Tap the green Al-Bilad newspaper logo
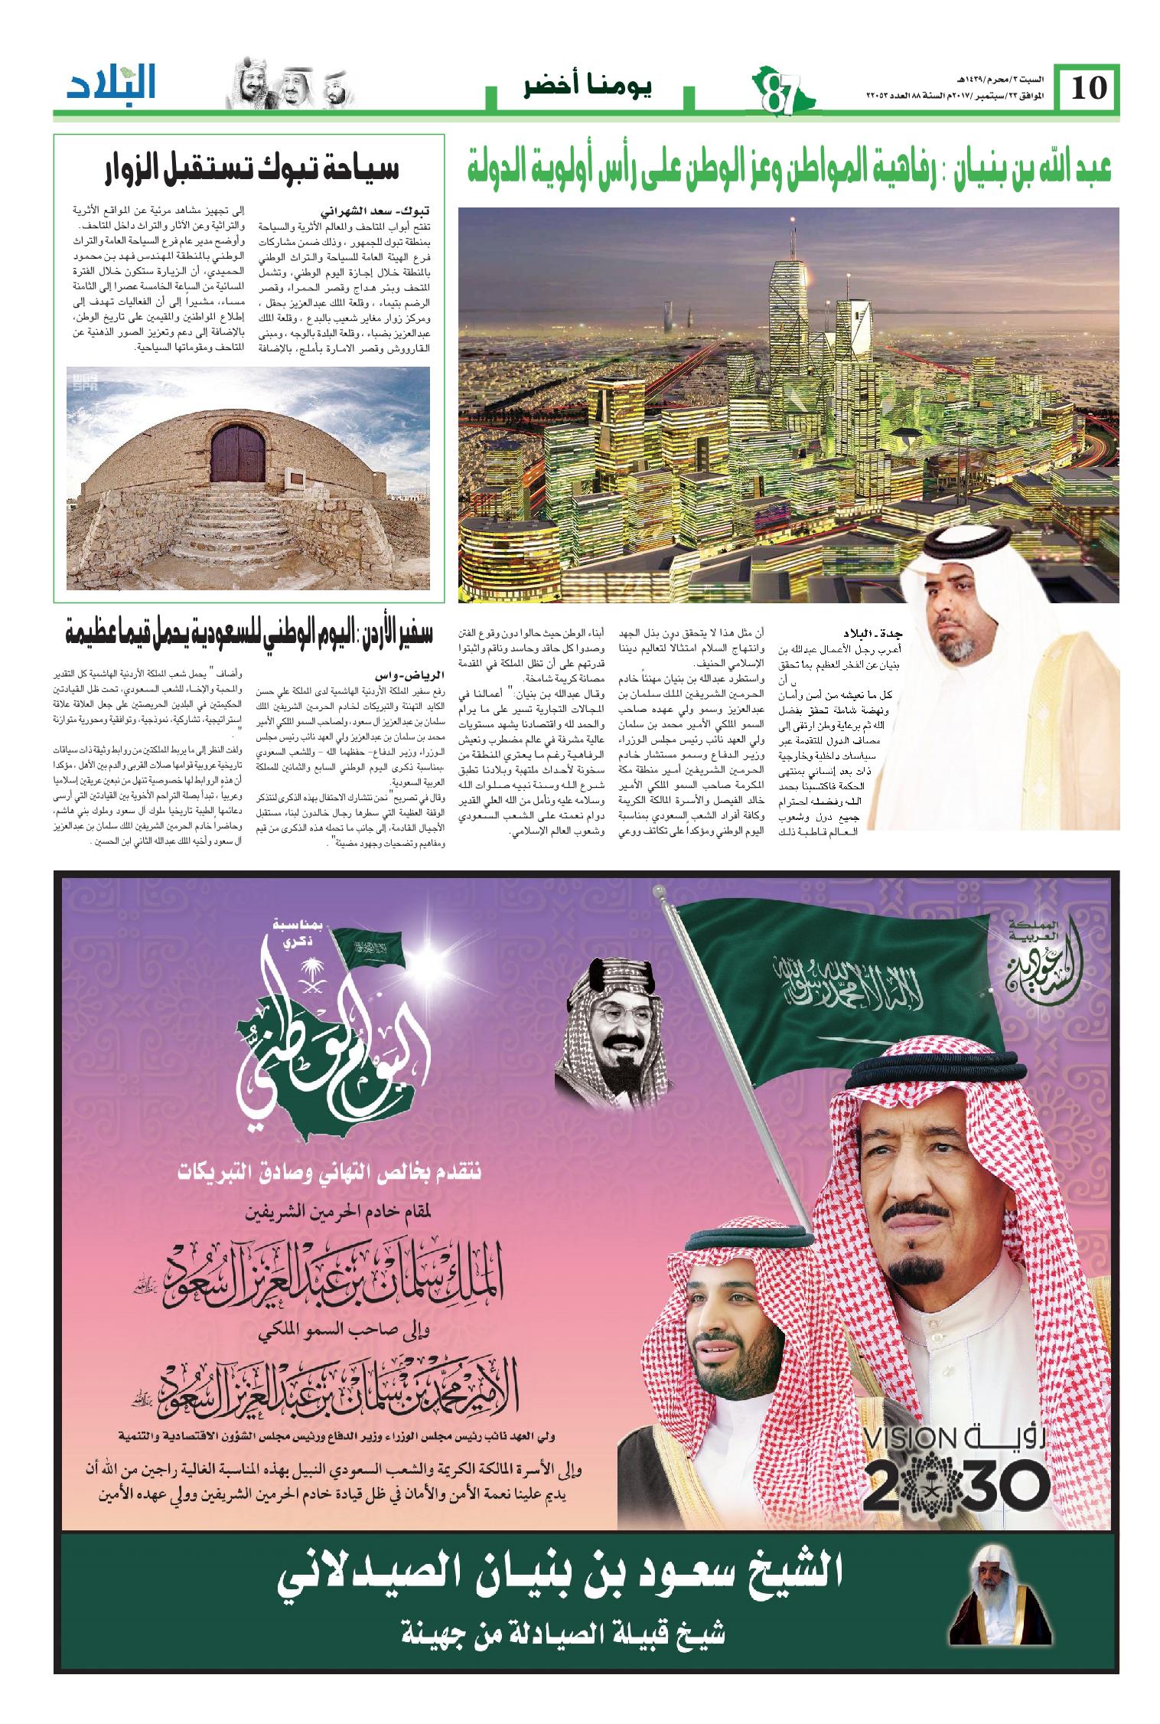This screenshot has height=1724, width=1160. click(111, 85)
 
